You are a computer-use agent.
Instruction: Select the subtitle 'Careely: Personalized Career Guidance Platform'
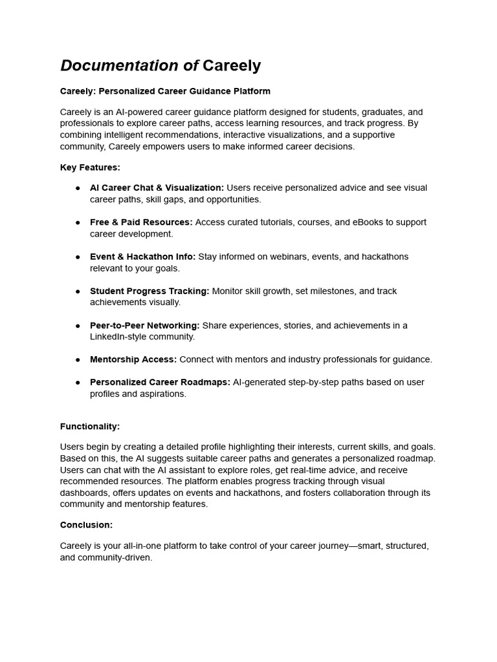coord(165,91)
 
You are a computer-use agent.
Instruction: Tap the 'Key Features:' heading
coord(90,167)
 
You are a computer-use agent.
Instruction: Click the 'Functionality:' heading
coord(90,427)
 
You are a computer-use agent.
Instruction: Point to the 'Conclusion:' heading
coord(86,525)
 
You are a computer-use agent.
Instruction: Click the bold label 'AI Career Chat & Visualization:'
coord(157,187)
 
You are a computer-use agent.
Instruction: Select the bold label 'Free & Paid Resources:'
coord(141,222)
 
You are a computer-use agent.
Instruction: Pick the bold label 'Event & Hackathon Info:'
coord(142,257)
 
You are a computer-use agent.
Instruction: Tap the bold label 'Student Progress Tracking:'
coord(149,291)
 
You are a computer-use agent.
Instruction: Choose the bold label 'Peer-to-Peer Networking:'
coord(145,325)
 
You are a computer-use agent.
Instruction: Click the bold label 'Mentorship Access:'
coord(133,359)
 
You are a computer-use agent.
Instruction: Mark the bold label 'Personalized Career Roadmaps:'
coord(160,382)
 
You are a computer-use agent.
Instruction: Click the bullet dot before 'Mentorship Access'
coord(77,359)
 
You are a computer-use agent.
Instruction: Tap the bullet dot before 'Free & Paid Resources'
coord(77,222)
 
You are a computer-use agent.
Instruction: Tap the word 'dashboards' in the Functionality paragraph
coord(83,493)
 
